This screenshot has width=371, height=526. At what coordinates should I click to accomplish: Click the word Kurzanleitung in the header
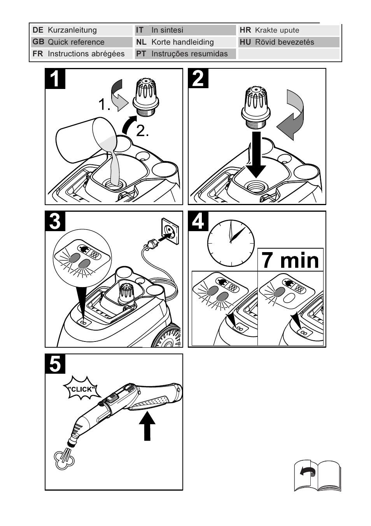click(x=72, y=30)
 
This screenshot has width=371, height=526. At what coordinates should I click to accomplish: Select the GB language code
click(x=38, y=42)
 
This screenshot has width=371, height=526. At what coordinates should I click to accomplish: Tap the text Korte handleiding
click(x=182, y=42)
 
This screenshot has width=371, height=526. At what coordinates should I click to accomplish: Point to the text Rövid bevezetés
click(x=284, y=42)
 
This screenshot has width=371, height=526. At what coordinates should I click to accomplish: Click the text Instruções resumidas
click(x=189, y=54)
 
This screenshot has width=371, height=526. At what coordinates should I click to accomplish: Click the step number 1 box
click(x=55, y=79)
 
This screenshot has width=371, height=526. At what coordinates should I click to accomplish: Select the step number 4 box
click(x=198, y=221)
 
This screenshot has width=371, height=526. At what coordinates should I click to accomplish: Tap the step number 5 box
click(x=55, y=364)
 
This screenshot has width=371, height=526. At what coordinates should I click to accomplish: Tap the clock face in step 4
click(x=231, y=243)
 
